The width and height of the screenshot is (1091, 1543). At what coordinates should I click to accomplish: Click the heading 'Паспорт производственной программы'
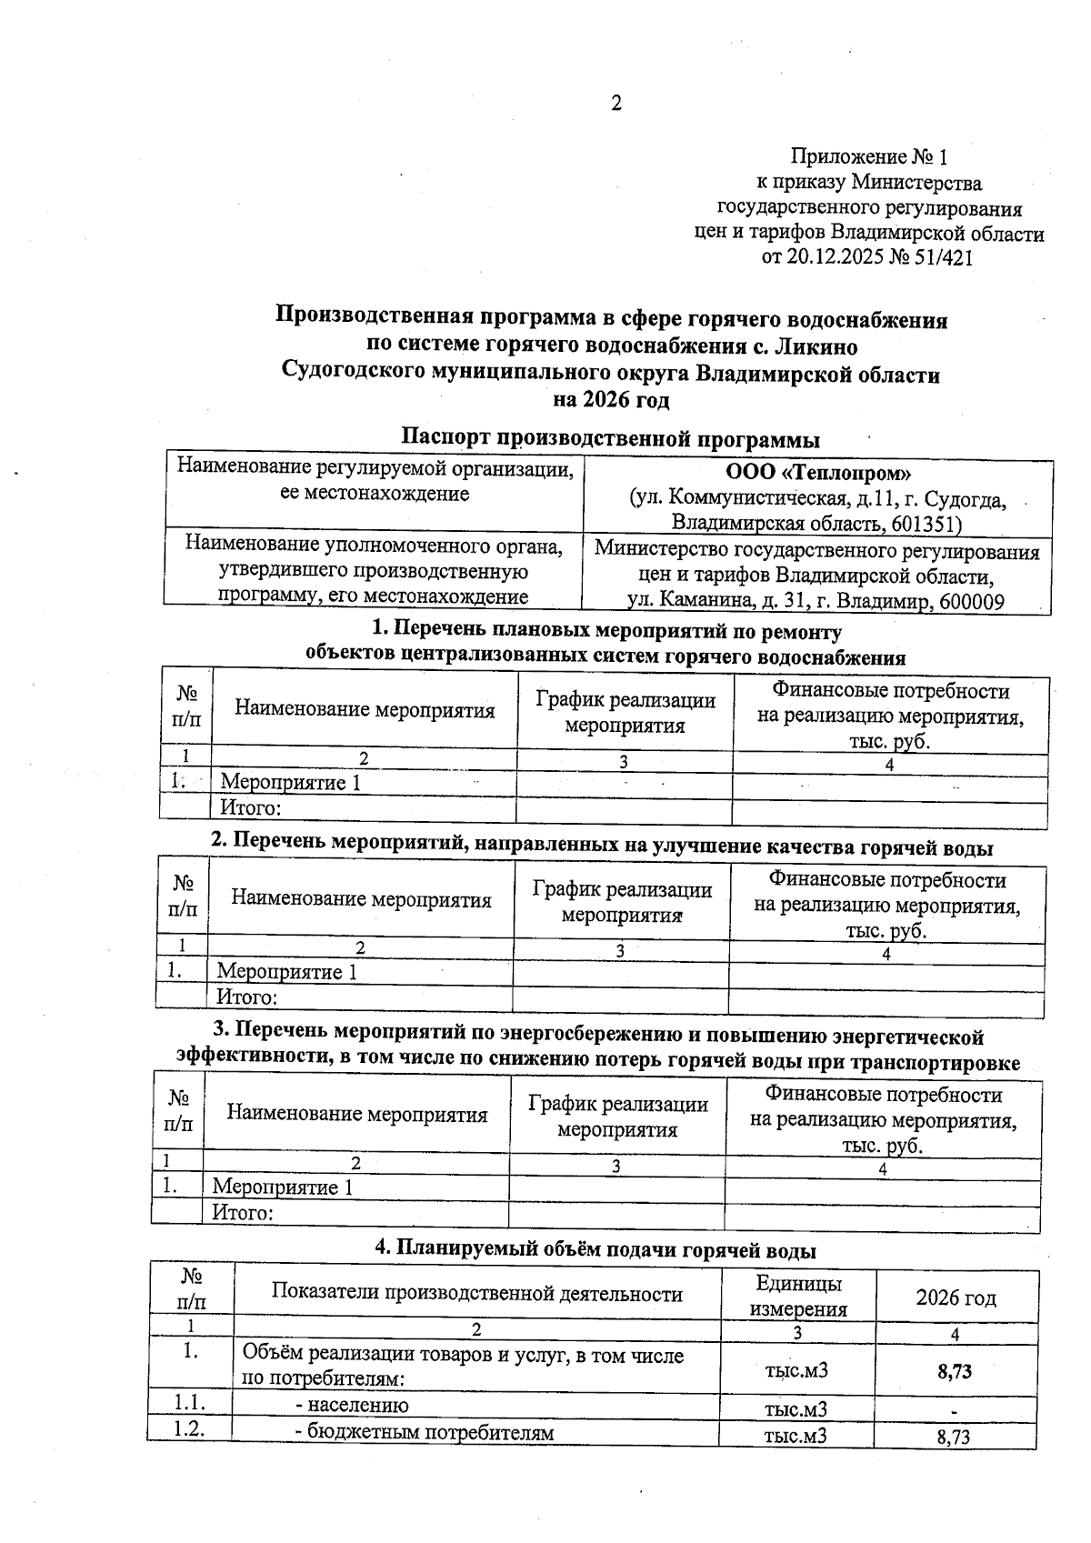(611, 439)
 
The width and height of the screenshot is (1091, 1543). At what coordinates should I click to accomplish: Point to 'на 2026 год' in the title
(611, 400)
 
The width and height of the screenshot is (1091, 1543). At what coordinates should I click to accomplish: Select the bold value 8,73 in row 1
(954, 1371)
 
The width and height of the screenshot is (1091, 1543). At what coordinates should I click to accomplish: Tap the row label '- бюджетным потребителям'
(425, 1433)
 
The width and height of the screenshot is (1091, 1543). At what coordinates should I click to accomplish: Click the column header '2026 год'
(955, 1297)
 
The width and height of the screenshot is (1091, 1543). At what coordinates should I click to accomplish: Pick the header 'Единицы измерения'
(798, 1296)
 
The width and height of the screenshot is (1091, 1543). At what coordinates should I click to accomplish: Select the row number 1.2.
(190, 1429)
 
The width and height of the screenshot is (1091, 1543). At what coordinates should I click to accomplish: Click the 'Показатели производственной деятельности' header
(476, 1294)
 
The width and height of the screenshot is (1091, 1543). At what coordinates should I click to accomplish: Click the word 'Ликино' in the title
(814, 346)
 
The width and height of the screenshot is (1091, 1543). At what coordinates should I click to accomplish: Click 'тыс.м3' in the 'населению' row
(796, 1409)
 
